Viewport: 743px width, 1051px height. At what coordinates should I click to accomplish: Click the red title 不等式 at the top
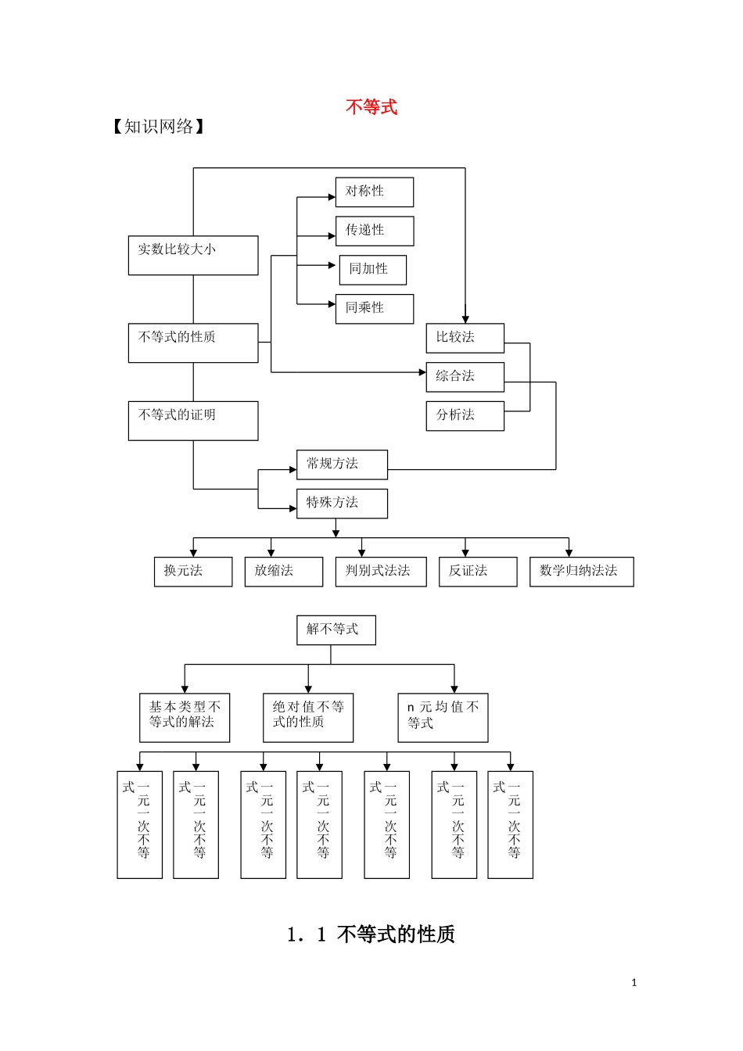371,107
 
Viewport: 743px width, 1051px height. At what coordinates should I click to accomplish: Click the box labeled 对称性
375,192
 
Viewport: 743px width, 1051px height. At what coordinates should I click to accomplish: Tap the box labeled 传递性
375,231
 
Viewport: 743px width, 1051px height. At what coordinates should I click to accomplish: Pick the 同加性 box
373,269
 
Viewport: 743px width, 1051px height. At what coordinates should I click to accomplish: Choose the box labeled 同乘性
375,308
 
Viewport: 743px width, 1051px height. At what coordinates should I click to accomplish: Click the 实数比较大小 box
193,255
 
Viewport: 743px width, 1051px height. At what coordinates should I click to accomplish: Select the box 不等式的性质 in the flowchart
193,343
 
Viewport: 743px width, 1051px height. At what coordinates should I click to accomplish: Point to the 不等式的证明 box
193,421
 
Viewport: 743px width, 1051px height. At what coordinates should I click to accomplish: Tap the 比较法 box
465,338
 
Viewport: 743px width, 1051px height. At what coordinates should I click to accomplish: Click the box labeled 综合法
465,377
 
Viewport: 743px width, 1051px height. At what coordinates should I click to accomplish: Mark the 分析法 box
465,415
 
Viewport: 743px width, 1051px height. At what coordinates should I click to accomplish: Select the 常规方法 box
342,465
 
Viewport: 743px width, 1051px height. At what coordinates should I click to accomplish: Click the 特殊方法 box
342,503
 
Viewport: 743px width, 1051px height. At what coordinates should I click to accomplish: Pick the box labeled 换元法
193,571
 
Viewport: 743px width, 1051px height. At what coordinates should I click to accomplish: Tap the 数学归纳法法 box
581,571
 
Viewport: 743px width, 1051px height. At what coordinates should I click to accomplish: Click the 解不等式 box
336,630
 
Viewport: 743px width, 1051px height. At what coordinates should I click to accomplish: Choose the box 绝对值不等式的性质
308,717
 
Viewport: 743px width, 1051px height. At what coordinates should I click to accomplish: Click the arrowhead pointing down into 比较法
465,319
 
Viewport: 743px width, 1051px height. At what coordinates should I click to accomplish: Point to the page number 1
634,983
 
